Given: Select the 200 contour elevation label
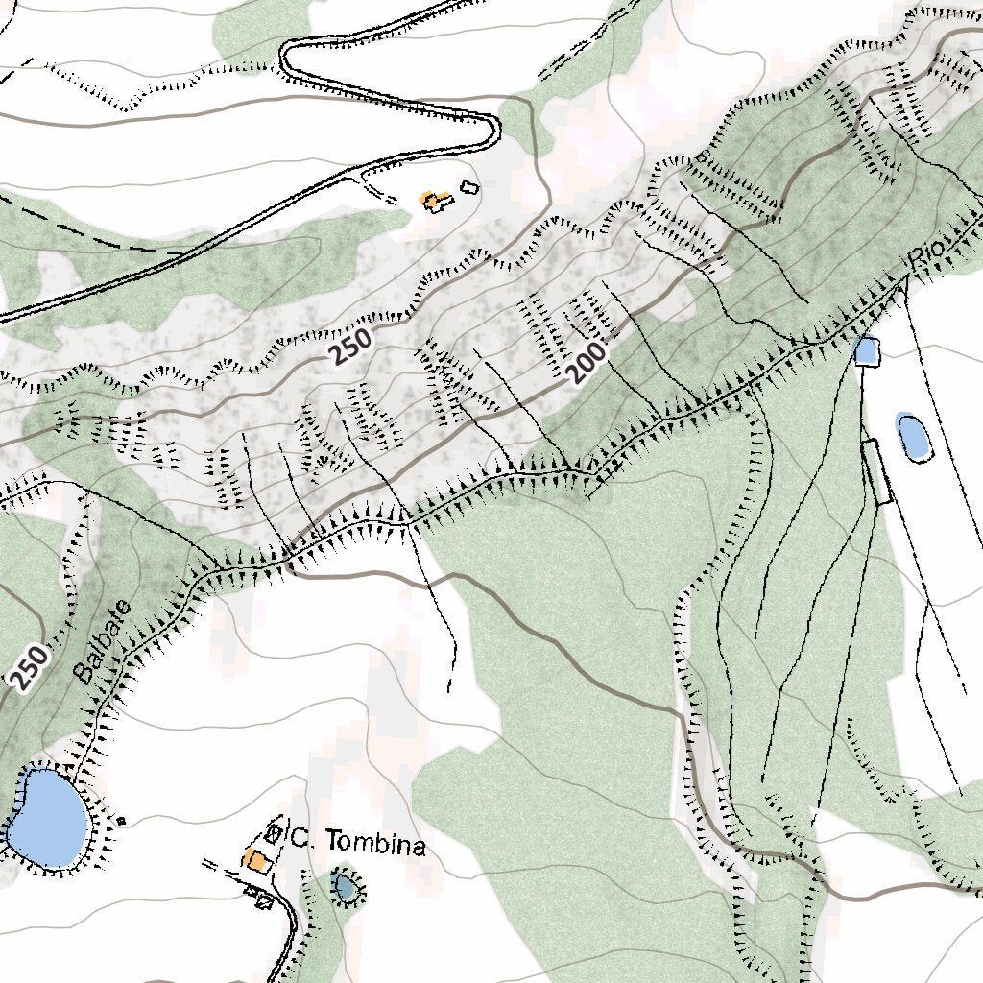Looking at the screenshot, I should tap(587, 364).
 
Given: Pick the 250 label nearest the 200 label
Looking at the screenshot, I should tap(349, 346).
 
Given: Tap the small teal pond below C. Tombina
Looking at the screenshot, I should tap(346, 887).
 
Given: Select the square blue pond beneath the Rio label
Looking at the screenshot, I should tap(866, 350).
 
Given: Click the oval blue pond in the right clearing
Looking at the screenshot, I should tap(912, 435).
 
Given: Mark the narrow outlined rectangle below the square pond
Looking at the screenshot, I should tap(877, 472).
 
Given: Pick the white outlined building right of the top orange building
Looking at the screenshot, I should tap(468, 187).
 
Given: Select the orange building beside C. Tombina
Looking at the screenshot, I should tap(255, 859).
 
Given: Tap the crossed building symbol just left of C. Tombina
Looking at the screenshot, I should tap(275, 833).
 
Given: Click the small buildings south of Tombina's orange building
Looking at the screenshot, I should tap(260, 898).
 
